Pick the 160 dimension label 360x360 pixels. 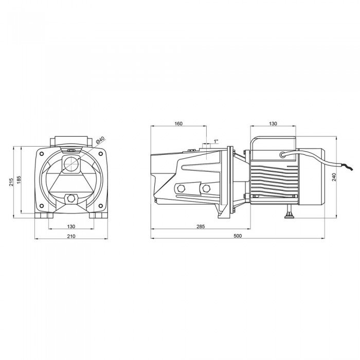pyautogui.click(x=178, y=123)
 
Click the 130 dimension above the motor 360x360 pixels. pyautogui.click(x=273, y=123)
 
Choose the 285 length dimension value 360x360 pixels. pyautogui.click(x=201, y=226)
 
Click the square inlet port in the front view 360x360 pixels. pyautogui.click(x=71, y=163)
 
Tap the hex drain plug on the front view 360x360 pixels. pyautogui.click(x=71, y=197)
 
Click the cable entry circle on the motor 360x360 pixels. pyautogui.click(x=282, y=154)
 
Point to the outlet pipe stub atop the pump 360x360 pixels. pyautogui.click(x=207, y=146)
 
